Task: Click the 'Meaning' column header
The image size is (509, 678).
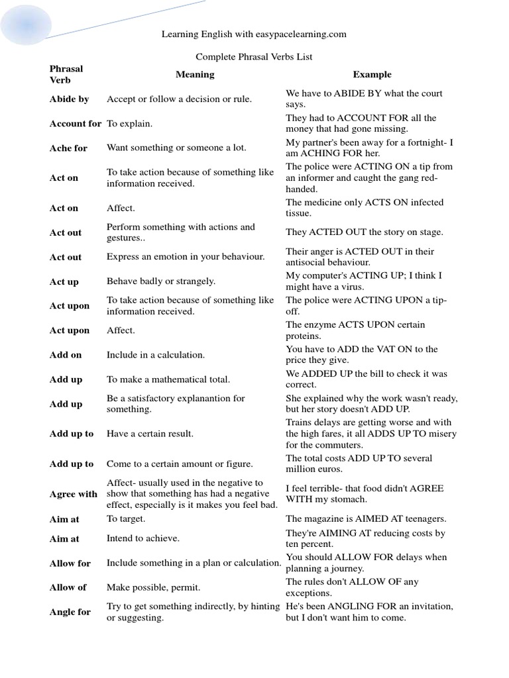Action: pyautogui.click(x=195, y=75)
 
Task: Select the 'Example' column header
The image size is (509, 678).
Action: pyautogui.click(x=372, y=75)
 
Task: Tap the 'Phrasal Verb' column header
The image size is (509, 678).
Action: pyautogui.click(x=66, y=74)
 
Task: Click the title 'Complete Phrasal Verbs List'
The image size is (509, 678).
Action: pyautogui.click(x=254, y=57)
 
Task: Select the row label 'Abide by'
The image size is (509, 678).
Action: pyautogui.click(x=69, y=99)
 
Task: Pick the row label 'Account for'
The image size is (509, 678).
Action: pyautogui.click(x=75, y=124)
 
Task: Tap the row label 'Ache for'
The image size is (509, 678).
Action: pyautogui.click(x=68, y=148)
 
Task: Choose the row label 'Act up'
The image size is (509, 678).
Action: pyautogui.click(x=64, y=282)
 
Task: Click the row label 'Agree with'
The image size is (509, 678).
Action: pyautogui.click(x=73, y=495)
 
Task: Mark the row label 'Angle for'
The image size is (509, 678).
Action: pyautogui.click(x=70, y=612)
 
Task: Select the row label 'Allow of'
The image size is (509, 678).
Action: pyautogui.click(x=68, y=588)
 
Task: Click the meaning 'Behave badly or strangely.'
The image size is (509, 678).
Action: pyautogui.click(x=161, y=281)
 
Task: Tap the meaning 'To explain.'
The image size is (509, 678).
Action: pyautogui.click(x=129, y=124)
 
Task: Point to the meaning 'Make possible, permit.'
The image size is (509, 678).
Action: pyautogui.click(x=153, y=588)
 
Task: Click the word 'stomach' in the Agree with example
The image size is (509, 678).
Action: pyautogui.click(x=348, y=500)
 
